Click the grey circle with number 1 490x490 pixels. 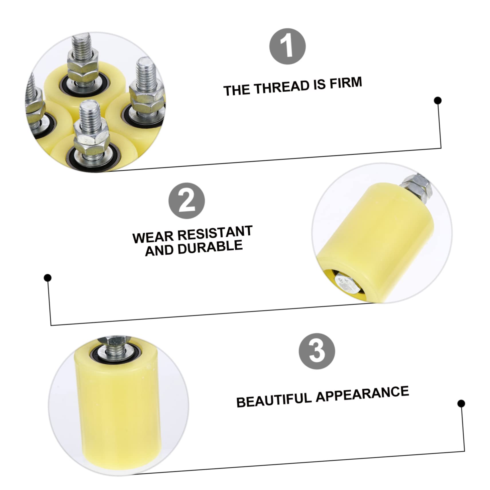pos(287,46)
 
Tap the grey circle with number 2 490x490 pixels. pos(186,201)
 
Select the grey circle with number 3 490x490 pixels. pos(317,351)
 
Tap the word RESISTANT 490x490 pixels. pos(215,233)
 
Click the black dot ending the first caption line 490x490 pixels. pos(438,101)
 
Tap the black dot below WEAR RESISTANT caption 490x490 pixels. pos(48,278)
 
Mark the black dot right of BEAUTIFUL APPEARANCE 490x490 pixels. pos(461,404)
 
